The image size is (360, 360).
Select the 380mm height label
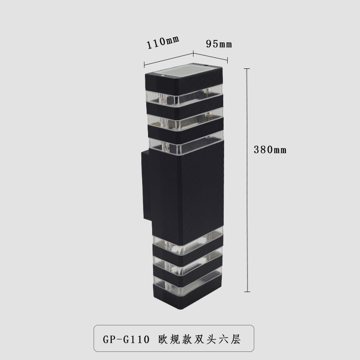coord(270,150)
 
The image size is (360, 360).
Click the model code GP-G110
coord(126,339)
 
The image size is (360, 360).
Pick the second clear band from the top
coord(184,119)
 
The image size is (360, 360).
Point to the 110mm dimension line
coord(168,58)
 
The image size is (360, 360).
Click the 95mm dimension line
coord(211,57)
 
